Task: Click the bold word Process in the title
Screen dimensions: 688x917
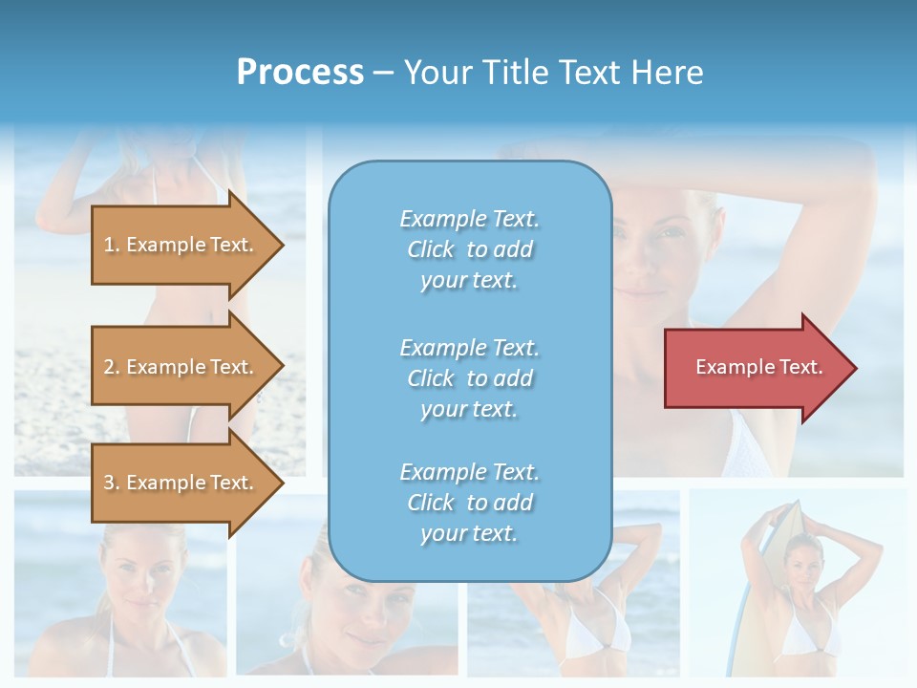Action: point(300,72)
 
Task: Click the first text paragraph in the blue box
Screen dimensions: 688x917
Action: point(469,249)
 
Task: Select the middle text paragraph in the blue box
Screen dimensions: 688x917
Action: point(469,378)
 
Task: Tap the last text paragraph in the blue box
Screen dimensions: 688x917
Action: point(469,503)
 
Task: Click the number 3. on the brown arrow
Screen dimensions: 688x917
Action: point(112,483)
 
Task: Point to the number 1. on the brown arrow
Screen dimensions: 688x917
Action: point(112,245)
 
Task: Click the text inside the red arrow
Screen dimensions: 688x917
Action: point(759,367)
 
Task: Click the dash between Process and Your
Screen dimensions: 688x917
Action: point(383,72)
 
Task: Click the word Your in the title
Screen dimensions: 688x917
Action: point(438,72)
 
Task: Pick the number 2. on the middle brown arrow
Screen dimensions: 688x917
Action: point(112,367)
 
